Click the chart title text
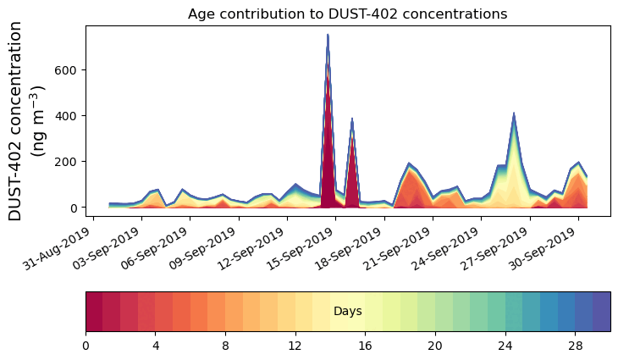click(x=347, y=14)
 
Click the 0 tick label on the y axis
click(x=75, y=208)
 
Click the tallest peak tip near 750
click(x=328, y=35)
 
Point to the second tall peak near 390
click(x=352, y=119)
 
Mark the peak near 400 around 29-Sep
click(x=513, y=114)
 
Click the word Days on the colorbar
click(x=348, y=312)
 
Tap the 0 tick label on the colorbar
click(x=86, y=346)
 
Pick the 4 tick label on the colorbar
click(x=156, y=346)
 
